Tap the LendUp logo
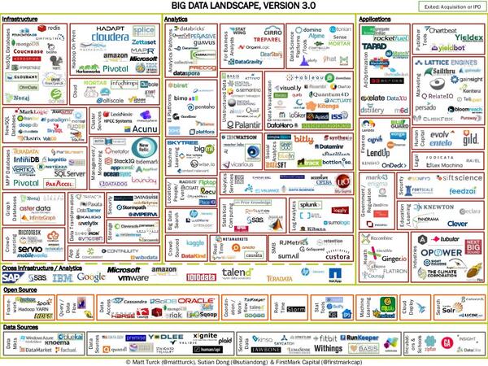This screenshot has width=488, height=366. click(x=380, y=151)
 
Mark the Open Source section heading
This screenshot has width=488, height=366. click(x=22, y=290)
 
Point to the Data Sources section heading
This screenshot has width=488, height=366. click(x=24, y=326)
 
